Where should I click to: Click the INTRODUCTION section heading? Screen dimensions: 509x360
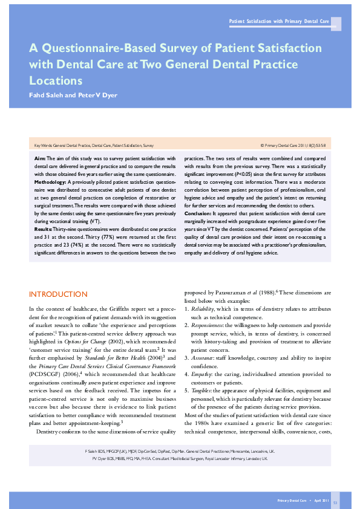pyautogui.click(x=58, y=294)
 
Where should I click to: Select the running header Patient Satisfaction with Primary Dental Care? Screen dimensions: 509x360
pyautogui.click(x=279, y=22)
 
